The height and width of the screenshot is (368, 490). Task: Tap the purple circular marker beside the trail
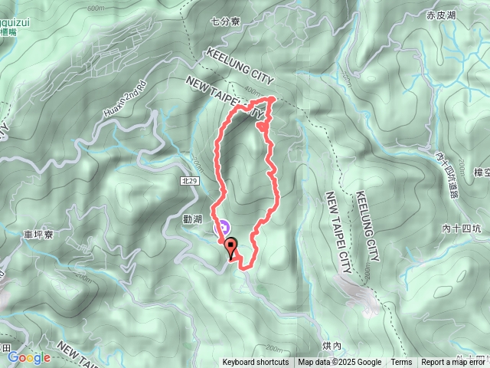pos(223,227)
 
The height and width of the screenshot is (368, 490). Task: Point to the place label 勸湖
pos(192,219)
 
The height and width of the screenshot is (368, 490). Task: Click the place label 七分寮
pos(225,22)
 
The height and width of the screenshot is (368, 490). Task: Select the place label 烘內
pos(332,347)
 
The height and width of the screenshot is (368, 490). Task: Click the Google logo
pos(28,357)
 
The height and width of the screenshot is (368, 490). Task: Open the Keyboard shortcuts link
pos(256,363)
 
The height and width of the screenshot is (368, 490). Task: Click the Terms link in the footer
pos(401,363)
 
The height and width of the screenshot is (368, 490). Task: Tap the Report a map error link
pos(454,363)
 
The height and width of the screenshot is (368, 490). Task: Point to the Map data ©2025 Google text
pos(339,363)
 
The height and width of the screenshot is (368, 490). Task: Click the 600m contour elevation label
pos(96,8)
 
